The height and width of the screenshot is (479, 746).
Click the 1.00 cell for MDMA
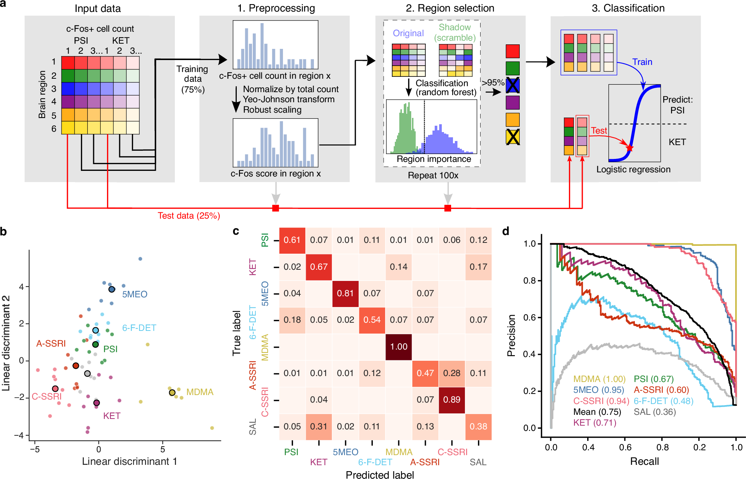399,347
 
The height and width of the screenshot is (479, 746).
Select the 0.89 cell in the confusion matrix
451,400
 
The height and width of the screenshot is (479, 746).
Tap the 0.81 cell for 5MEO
345,293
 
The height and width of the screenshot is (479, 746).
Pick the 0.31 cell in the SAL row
319,426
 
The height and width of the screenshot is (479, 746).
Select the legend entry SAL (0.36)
655,412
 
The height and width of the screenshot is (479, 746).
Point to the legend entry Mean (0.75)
597,412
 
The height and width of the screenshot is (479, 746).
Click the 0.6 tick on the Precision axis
530,317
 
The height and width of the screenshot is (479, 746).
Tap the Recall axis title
644,461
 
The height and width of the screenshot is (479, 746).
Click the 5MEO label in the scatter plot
135,294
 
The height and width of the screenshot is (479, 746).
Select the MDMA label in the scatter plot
200,392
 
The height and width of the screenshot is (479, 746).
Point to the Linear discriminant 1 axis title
129,461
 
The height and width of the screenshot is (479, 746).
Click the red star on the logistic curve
630,148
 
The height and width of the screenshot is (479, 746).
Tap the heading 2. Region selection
450,8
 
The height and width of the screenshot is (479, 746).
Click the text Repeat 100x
433,175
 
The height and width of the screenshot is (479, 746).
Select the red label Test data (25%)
189,216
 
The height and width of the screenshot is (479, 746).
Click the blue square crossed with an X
513,85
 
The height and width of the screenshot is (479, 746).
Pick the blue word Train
642,62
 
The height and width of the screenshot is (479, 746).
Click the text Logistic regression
633,169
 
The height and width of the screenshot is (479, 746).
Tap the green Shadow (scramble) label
454,32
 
